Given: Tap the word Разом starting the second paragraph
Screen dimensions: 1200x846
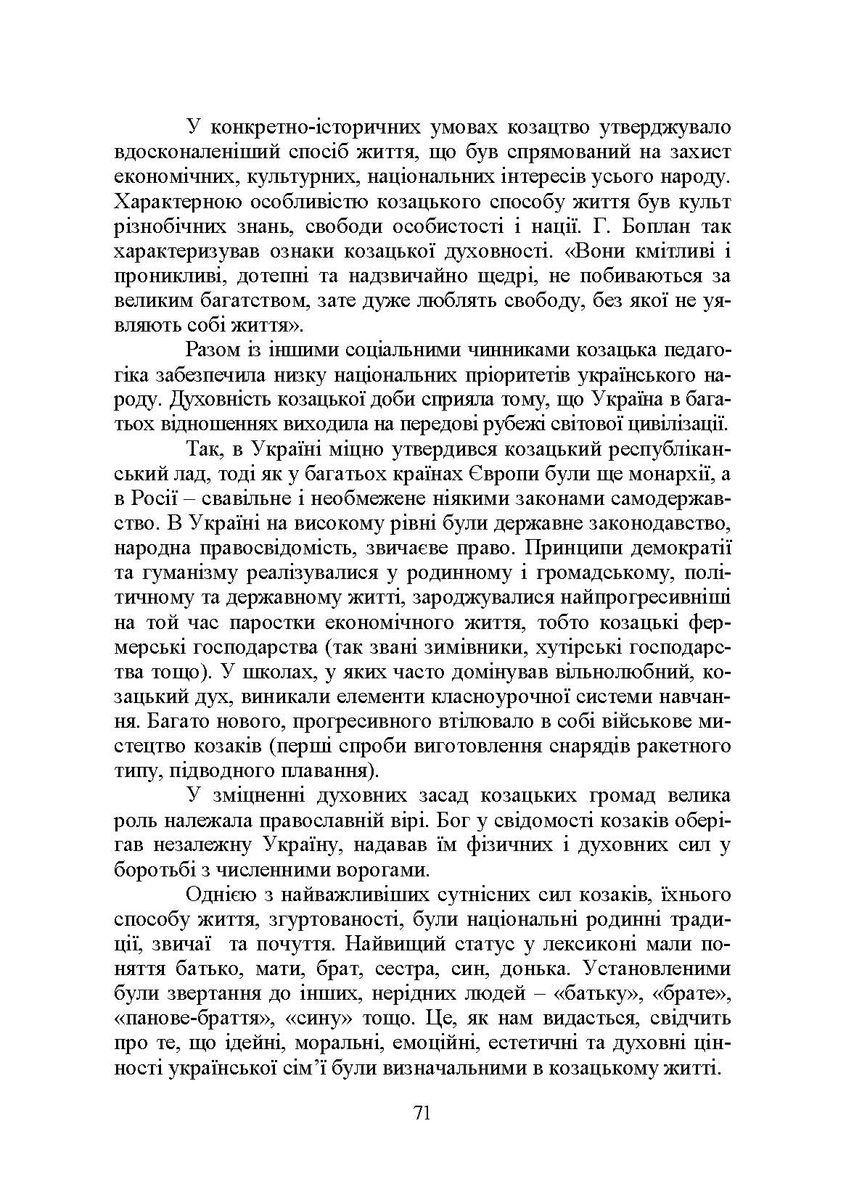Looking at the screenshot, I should (x=213, y=350).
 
